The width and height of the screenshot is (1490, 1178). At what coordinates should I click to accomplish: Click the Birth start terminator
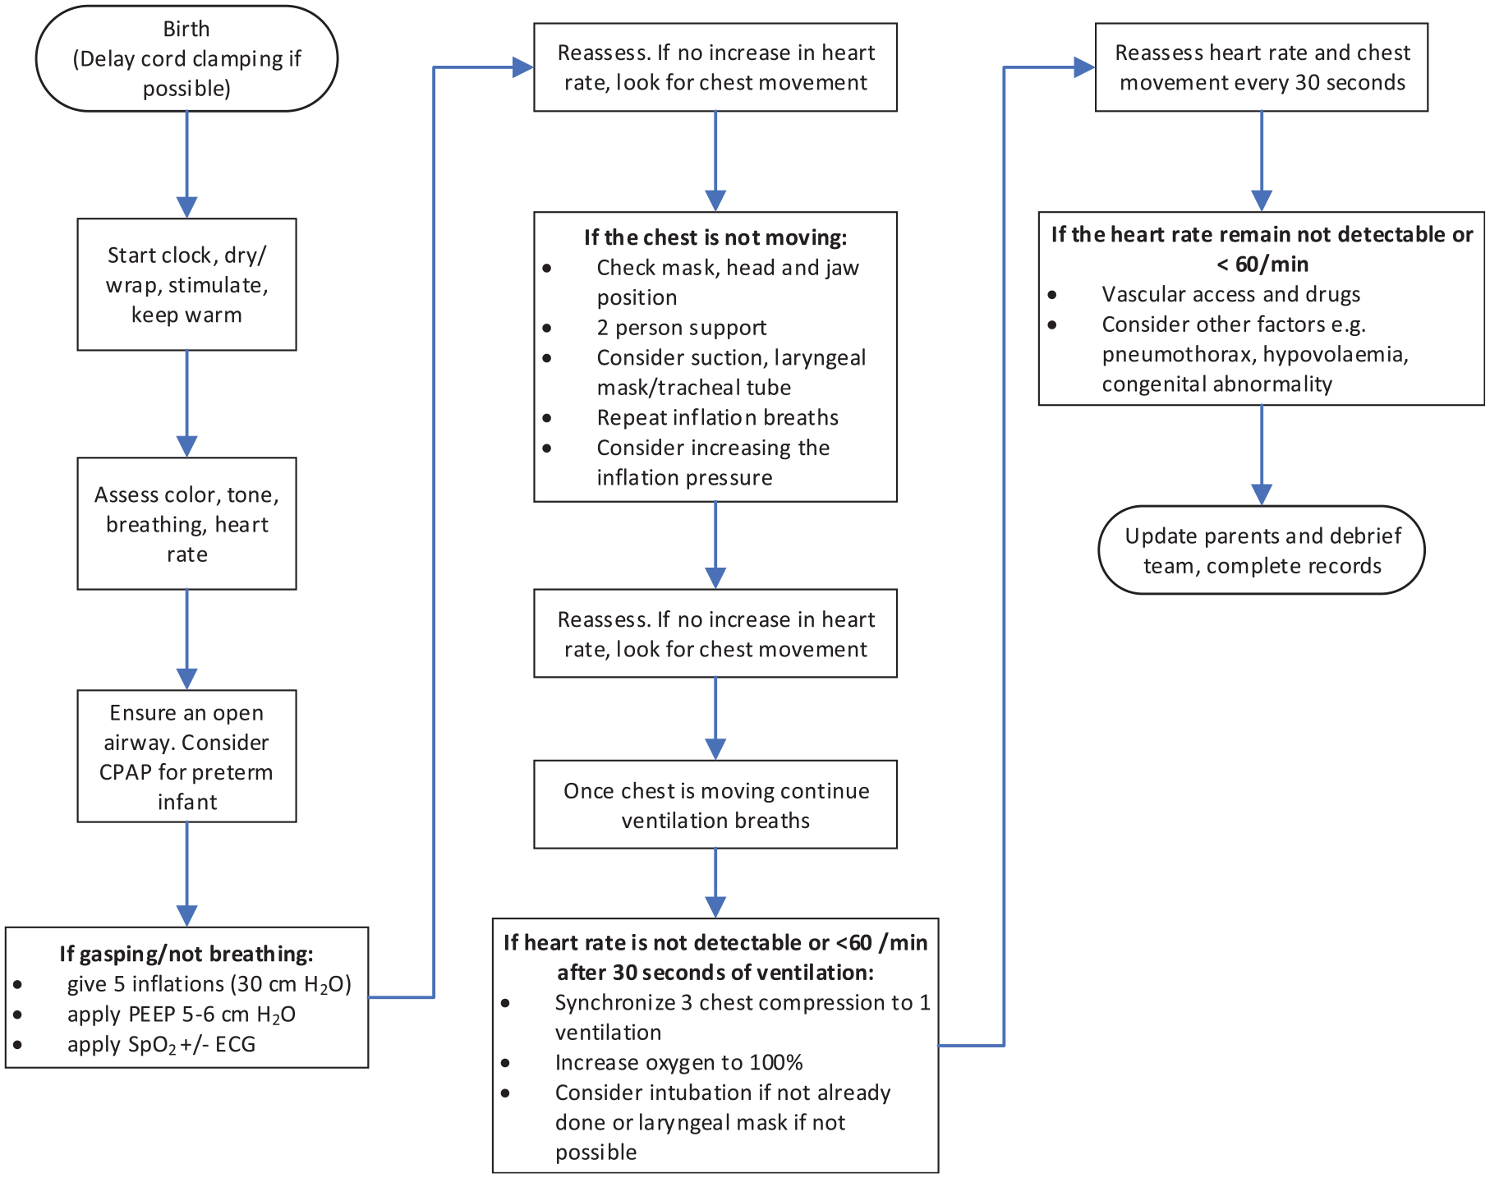186,58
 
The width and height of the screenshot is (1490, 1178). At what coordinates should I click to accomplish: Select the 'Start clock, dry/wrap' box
186,284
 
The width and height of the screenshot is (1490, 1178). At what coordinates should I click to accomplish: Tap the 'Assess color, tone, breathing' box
186,523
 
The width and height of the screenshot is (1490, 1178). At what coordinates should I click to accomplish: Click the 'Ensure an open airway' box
186,756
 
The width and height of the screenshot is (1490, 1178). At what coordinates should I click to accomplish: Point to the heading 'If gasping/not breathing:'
186,954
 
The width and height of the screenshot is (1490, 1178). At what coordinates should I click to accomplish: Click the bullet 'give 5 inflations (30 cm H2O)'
209,984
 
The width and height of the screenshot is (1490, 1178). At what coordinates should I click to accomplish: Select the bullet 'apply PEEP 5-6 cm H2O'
182,1015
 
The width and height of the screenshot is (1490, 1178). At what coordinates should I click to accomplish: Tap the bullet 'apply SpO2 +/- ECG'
162,1044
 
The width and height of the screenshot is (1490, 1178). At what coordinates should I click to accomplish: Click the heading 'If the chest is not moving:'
715,237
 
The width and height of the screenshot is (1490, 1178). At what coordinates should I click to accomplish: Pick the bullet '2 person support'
682,328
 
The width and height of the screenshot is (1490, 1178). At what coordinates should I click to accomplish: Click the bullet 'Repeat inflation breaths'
718,417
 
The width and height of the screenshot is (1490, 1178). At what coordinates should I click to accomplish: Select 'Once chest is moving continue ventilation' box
715,804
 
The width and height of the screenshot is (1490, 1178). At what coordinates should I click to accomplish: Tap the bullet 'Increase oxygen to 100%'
679,1062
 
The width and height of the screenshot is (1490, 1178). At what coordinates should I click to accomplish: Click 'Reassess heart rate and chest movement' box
1262,67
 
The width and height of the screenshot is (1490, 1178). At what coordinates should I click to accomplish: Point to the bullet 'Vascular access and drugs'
1231,294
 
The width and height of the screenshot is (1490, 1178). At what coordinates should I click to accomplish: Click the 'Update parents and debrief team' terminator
1262,550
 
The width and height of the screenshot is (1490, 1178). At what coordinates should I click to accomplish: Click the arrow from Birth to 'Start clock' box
187,164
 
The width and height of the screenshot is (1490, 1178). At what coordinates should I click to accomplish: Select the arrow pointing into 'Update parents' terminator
1262,455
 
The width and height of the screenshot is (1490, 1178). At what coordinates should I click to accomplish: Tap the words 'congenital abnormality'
1217,384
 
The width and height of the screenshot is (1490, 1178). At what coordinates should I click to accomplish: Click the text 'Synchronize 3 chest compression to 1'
743,1002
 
